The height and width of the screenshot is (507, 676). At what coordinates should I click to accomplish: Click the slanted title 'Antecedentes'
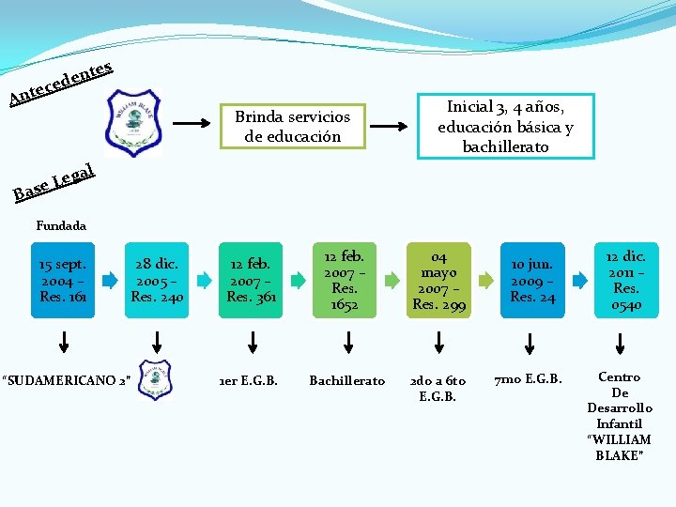62,83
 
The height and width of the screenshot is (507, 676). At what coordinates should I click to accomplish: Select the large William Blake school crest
134,121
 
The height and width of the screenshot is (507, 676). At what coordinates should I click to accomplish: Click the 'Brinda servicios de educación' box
292,127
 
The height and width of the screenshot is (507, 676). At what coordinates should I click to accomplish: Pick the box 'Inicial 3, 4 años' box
505,126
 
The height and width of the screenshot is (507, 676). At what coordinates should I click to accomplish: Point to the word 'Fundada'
60,225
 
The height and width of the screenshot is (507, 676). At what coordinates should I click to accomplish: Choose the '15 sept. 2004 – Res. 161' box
63,280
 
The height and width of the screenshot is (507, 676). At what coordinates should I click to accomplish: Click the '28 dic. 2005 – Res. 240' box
157,280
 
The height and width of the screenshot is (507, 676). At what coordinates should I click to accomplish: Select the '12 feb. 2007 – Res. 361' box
251,280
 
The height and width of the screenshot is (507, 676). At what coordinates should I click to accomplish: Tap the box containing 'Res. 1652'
345,280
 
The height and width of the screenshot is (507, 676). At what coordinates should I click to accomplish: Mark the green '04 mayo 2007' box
438,280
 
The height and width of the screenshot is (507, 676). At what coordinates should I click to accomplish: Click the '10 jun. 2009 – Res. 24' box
532,280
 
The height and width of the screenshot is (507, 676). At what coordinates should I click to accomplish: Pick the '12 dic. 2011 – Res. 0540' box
626,280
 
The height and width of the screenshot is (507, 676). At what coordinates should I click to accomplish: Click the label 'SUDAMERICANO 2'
66,380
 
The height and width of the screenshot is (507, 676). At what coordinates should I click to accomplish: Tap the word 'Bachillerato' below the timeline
346,380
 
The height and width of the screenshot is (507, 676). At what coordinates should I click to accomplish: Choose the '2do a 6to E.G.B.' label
438,388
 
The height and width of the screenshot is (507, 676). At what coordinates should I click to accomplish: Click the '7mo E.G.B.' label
529,378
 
